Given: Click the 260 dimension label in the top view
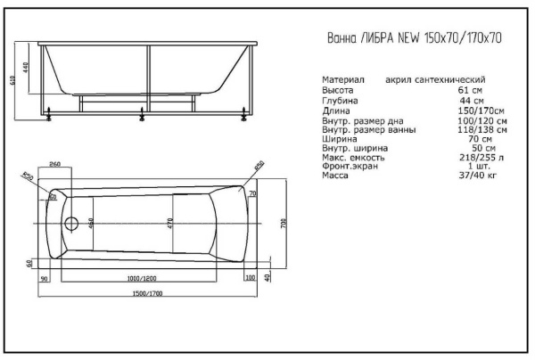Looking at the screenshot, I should point(55,165).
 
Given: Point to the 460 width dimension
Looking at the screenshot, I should point(92,222).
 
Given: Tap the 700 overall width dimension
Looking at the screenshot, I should point(284,222).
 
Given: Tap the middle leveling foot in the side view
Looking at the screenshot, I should point(141,113).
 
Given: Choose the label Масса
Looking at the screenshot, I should point(335,176).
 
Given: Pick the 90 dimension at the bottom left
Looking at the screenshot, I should point(45,278).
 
